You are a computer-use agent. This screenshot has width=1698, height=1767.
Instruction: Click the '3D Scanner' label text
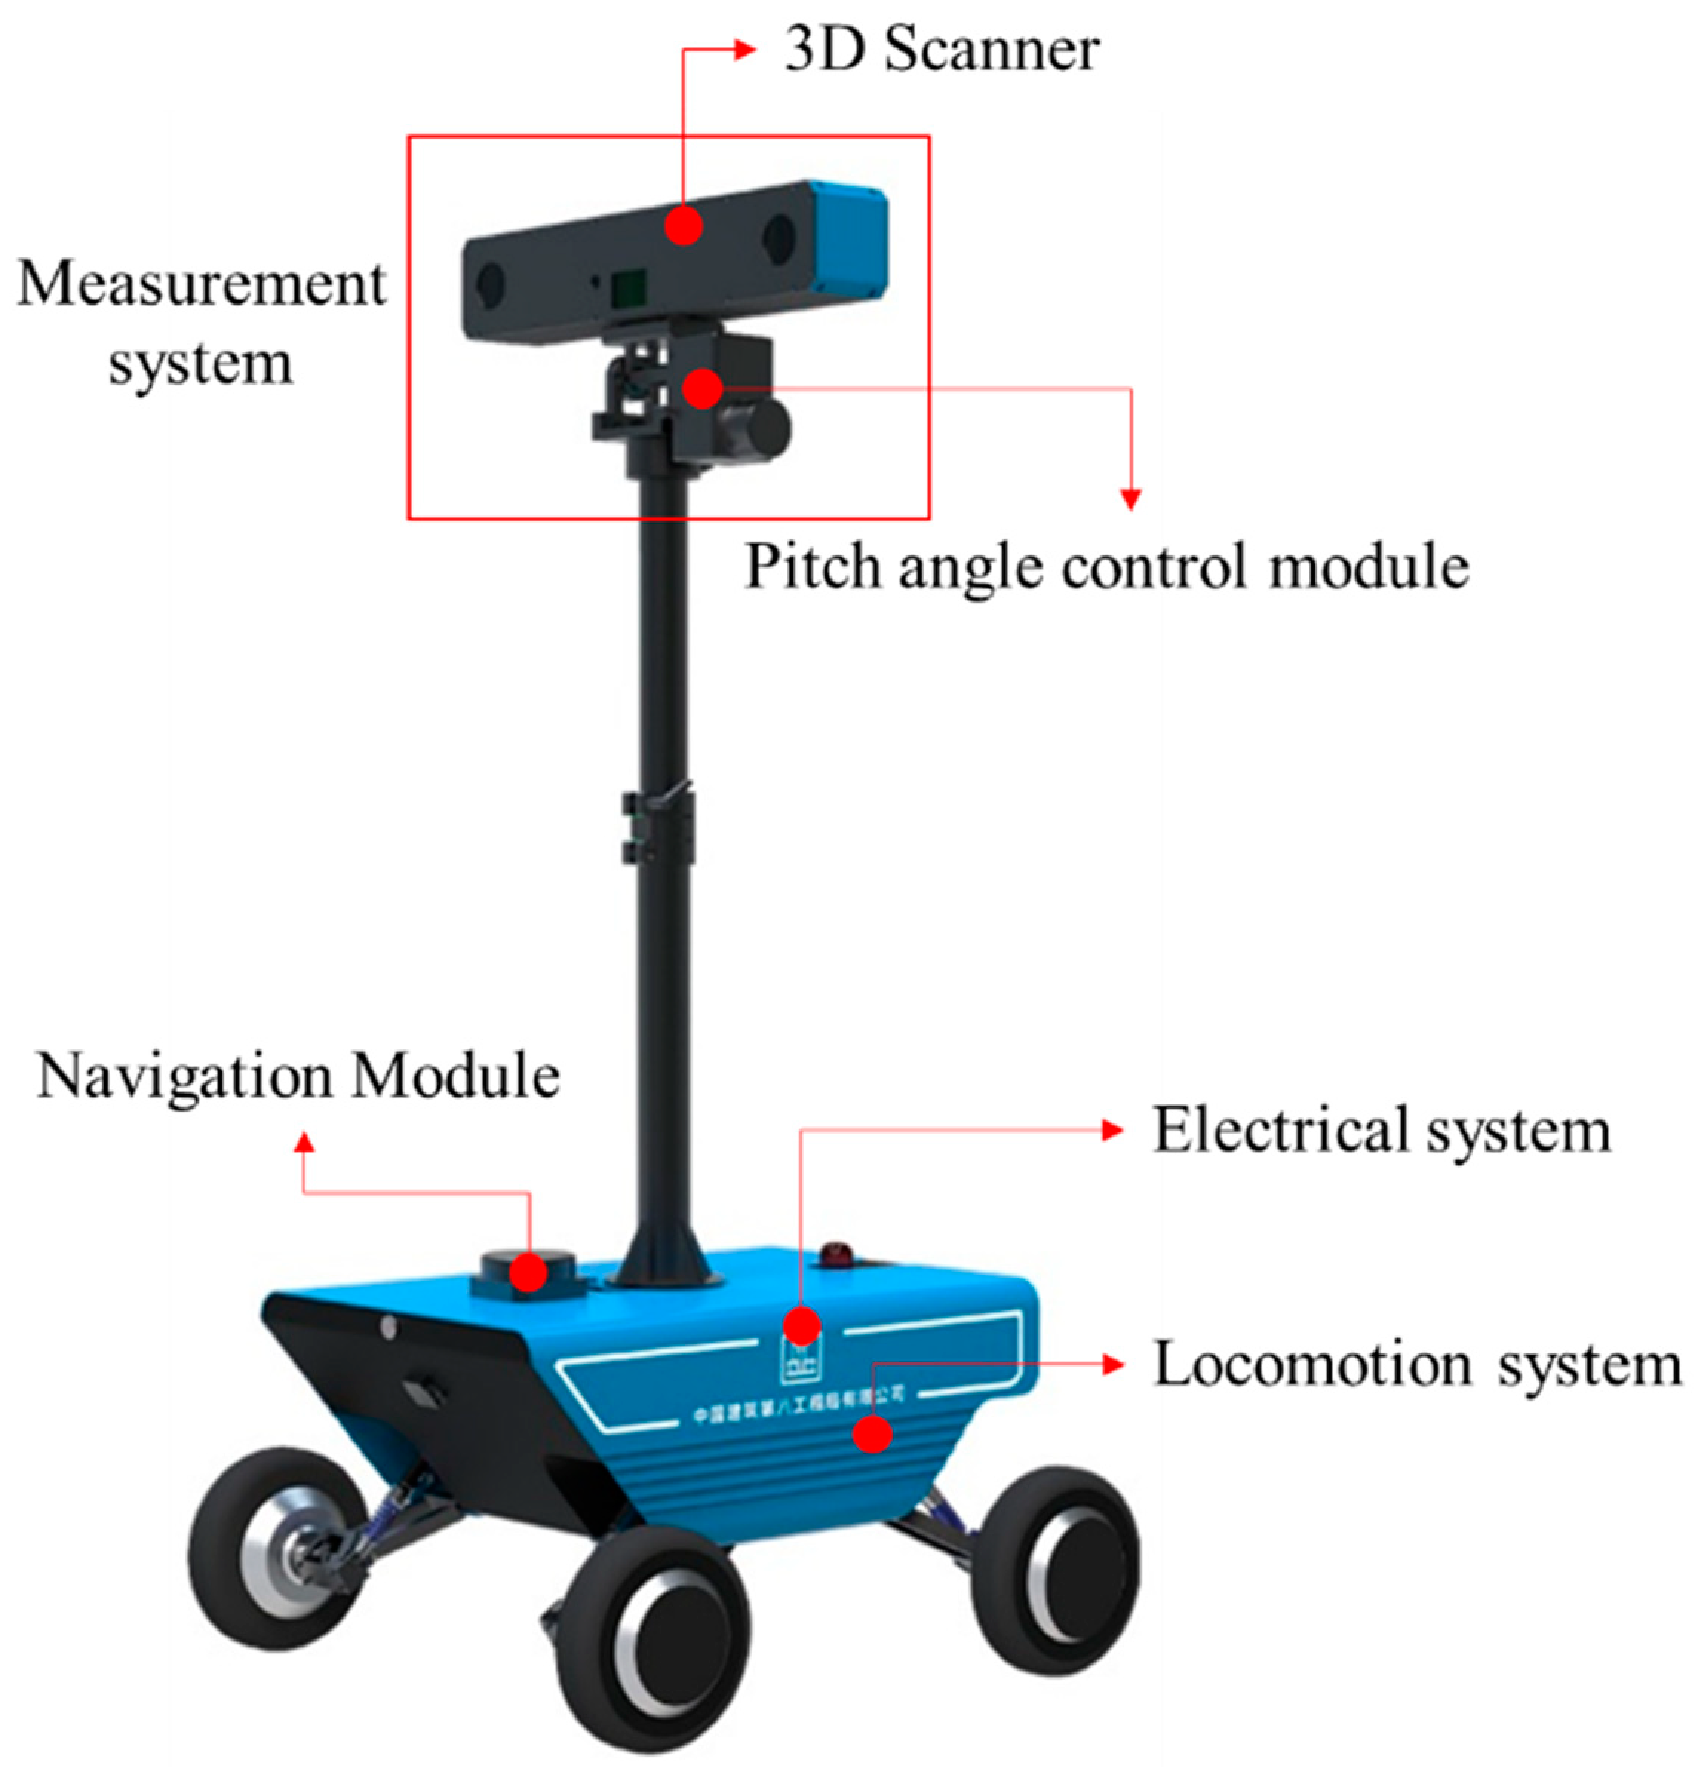[x=941, y=50]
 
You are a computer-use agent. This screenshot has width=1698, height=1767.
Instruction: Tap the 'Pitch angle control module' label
[x=1106, y=567]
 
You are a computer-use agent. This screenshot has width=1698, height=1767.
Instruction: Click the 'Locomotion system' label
[x=1417, y=1364]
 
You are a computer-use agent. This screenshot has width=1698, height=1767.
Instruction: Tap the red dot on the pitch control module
[x=702, y=389]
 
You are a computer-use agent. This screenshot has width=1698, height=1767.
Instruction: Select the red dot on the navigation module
[x=528, y=1273]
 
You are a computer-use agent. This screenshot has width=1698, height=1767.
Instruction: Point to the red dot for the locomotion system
[x=871, y=1433]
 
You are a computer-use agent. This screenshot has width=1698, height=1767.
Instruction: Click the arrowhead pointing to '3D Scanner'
[x=744, y=50]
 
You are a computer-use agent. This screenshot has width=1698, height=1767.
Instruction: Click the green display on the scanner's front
[x=628, y=287]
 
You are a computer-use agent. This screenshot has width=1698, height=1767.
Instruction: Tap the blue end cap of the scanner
[x=849, y=242]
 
